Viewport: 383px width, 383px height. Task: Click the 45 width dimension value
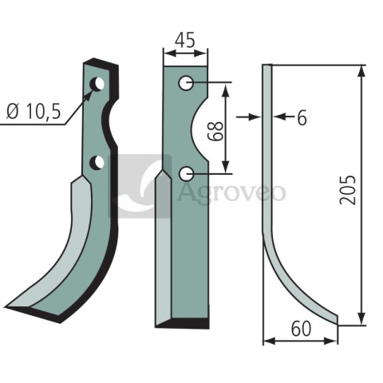click(x=185, y=40)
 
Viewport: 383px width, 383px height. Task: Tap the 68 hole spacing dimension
click(x=218, y=131)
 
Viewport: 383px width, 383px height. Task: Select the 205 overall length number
click(x=348, y=190)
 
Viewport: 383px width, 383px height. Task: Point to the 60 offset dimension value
click(x=301, y=329)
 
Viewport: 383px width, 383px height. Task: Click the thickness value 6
click(x=302, y=117)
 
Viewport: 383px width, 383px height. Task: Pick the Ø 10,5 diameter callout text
click(x=34, y=112)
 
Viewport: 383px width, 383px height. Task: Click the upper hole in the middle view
click(x=186, y=83)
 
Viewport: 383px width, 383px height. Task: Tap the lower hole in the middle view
click(x=186, y=174)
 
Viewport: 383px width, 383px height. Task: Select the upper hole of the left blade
click(x=97, y=84)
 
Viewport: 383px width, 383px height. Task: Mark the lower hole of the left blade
click(x=97, y=162)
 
